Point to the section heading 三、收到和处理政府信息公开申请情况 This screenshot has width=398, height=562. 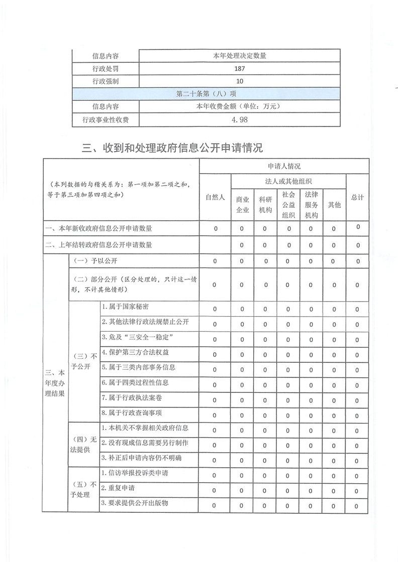click(172, 148)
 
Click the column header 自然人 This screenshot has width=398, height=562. click(215, 197)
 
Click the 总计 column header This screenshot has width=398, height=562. click(357, 197)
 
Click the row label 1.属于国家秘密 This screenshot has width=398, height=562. click(125, 307)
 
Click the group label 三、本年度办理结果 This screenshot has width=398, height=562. click(55, 383)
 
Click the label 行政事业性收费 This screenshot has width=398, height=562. click(106, 120)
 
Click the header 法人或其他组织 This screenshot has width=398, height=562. click(288, 181)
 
